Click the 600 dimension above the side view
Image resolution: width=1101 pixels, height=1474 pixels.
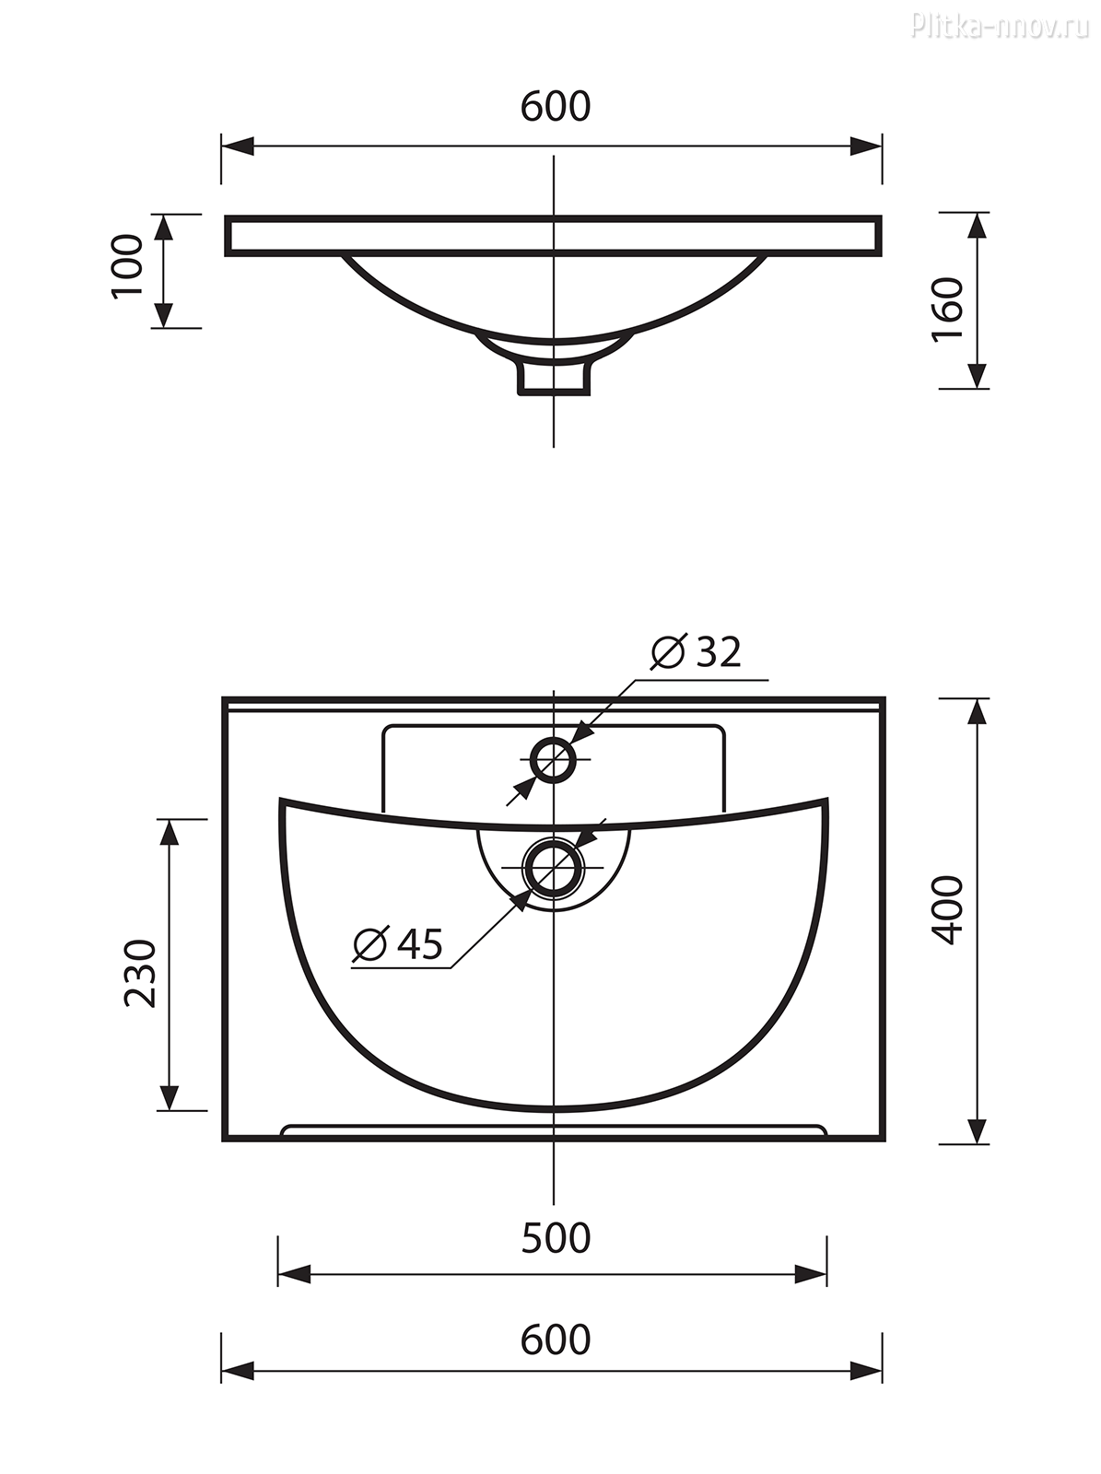pyautogui.click(x=556, y=106)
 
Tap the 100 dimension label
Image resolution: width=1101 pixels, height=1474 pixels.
pyautogui.click(x=127, y=265)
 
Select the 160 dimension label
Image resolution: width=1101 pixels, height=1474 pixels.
pyautogui.click(x=948, y=310)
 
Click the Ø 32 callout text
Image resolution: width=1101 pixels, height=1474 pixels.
pyautogui.click(x=697, y=651)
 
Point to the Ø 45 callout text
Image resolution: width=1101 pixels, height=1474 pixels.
pyautogui.click(x=397, y=945)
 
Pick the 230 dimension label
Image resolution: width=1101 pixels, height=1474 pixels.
pyautogui.click(x=140, y=974)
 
